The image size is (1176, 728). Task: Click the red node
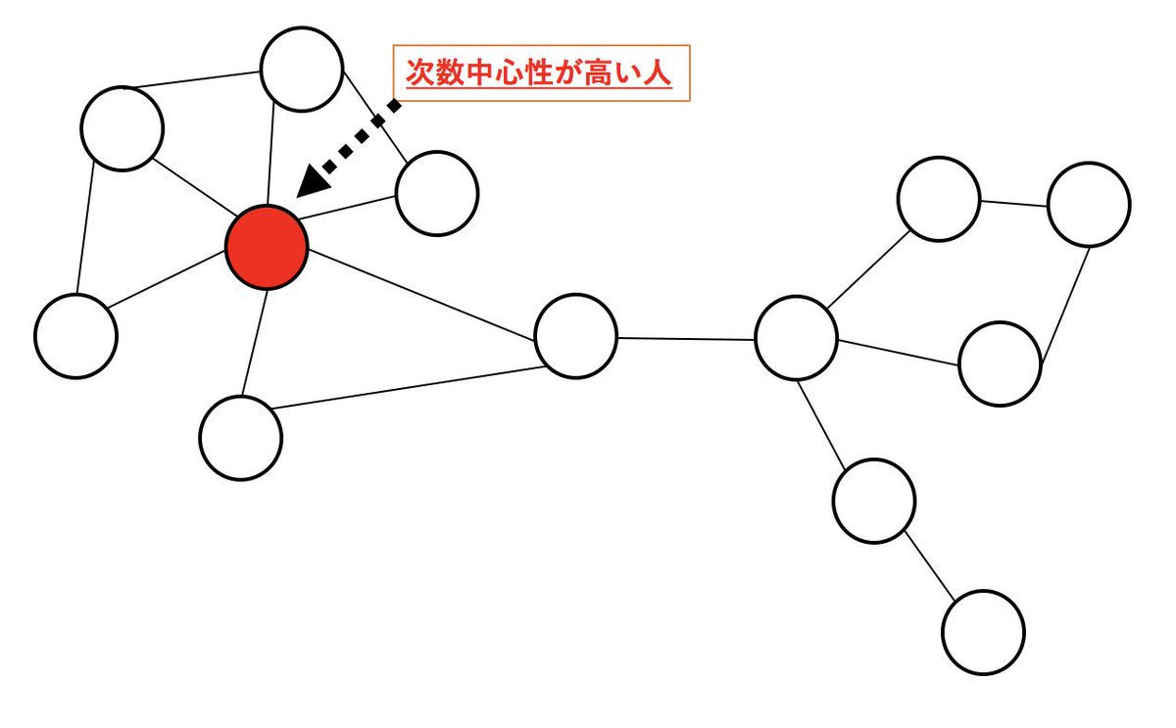point(267,247)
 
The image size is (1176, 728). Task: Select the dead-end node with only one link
point(983,631)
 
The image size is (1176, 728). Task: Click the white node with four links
point(796,339)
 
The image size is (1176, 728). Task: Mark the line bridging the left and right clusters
point(686,338)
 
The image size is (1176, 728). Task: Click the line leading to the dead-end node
point(929,565)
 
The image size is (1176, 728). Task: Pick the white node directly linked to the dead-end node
point(874,501)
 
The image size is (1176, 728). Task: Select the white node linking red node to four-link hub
point(576,336)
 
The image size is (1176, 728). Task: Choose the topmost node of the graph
point(302,69)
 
